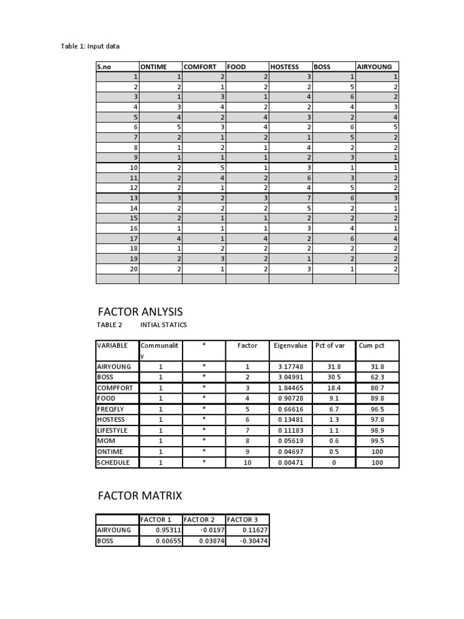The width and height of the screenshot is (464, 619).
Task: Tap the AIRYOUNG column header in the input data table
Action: coord(374,67)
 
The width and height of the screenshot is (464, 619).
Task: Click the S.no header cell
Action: coord(105,67)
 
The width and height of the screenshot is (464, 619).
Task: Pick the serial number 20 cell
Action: coord(134,268)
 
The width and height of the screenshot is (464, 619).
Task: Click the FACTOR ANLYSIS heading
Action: coord(140,311)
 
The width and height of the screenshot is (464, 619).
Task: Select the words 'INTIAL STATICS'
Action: coord(163,325)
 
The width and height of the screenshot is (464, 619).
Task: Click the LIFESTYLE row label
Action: coord(113,431)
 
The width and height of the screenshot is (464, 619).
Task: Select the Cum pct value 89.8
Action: coord(377,399)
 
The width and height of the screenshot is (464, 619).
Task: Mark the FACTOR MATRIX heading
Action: coord(139,496)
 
